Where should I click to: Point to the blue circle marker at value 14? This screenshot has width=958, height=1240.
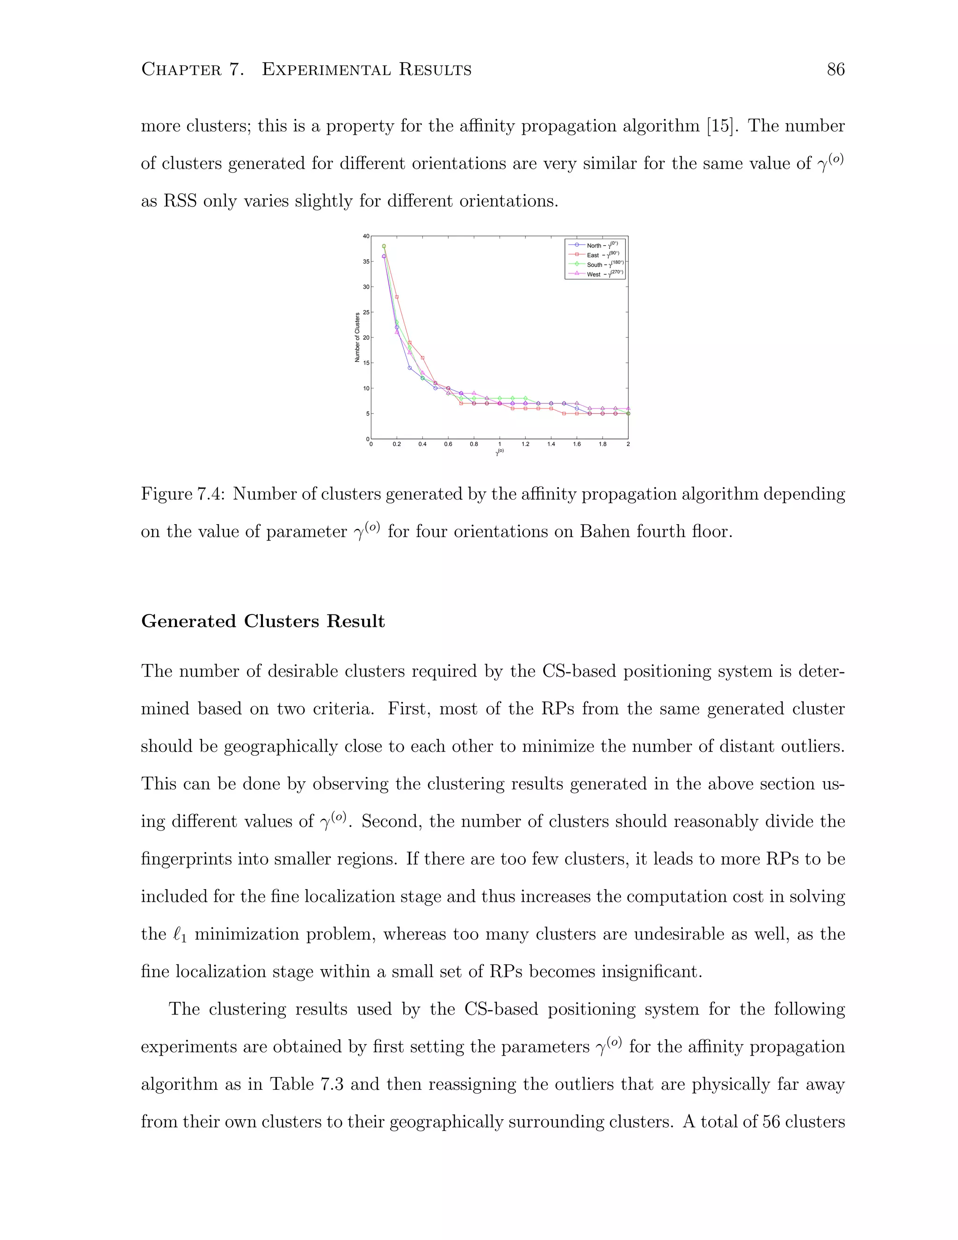coord(410,368)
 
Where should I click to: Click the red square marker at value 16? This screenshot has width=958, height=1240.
coord(422,357)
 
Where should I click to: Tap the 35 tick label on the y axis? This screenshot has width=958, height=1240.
coord(366,262)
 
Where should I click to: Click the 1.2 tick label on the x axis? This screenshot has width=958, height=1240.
coord(525,444)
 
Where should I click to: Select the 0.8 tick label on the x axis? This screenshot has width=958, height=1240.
coord(474,444)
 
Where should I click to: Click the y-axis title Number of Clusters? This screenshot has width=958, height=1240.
coord(357,337)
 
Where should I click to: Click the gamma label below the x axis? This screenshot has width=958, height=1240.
coord(500,452)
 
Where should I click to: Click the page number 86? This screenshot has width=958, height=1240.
coord(835,70)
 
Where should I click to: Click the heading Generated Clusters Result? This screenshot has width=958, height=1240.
coord(263,621)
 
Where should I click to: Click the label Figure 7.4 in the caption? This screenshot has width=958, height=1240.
coord(184,494)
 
